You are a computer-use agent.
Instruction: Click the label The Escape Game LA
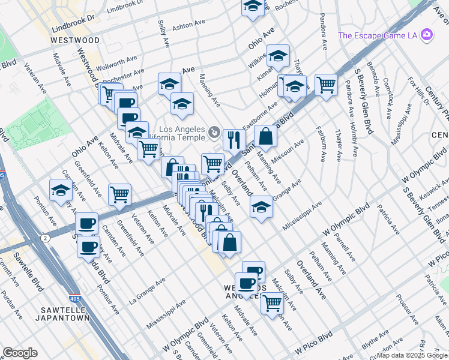tap(378, 35)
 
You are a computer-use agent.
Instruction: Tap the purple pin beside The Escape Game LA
tap(427, 34)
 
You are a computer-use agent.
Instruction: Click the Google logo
tap(20, 353)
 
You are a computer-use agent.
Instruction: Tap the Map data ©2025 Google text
tap(412, 356)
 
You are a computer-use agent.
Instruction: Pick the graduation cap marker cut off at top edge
tap(253, 7)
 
